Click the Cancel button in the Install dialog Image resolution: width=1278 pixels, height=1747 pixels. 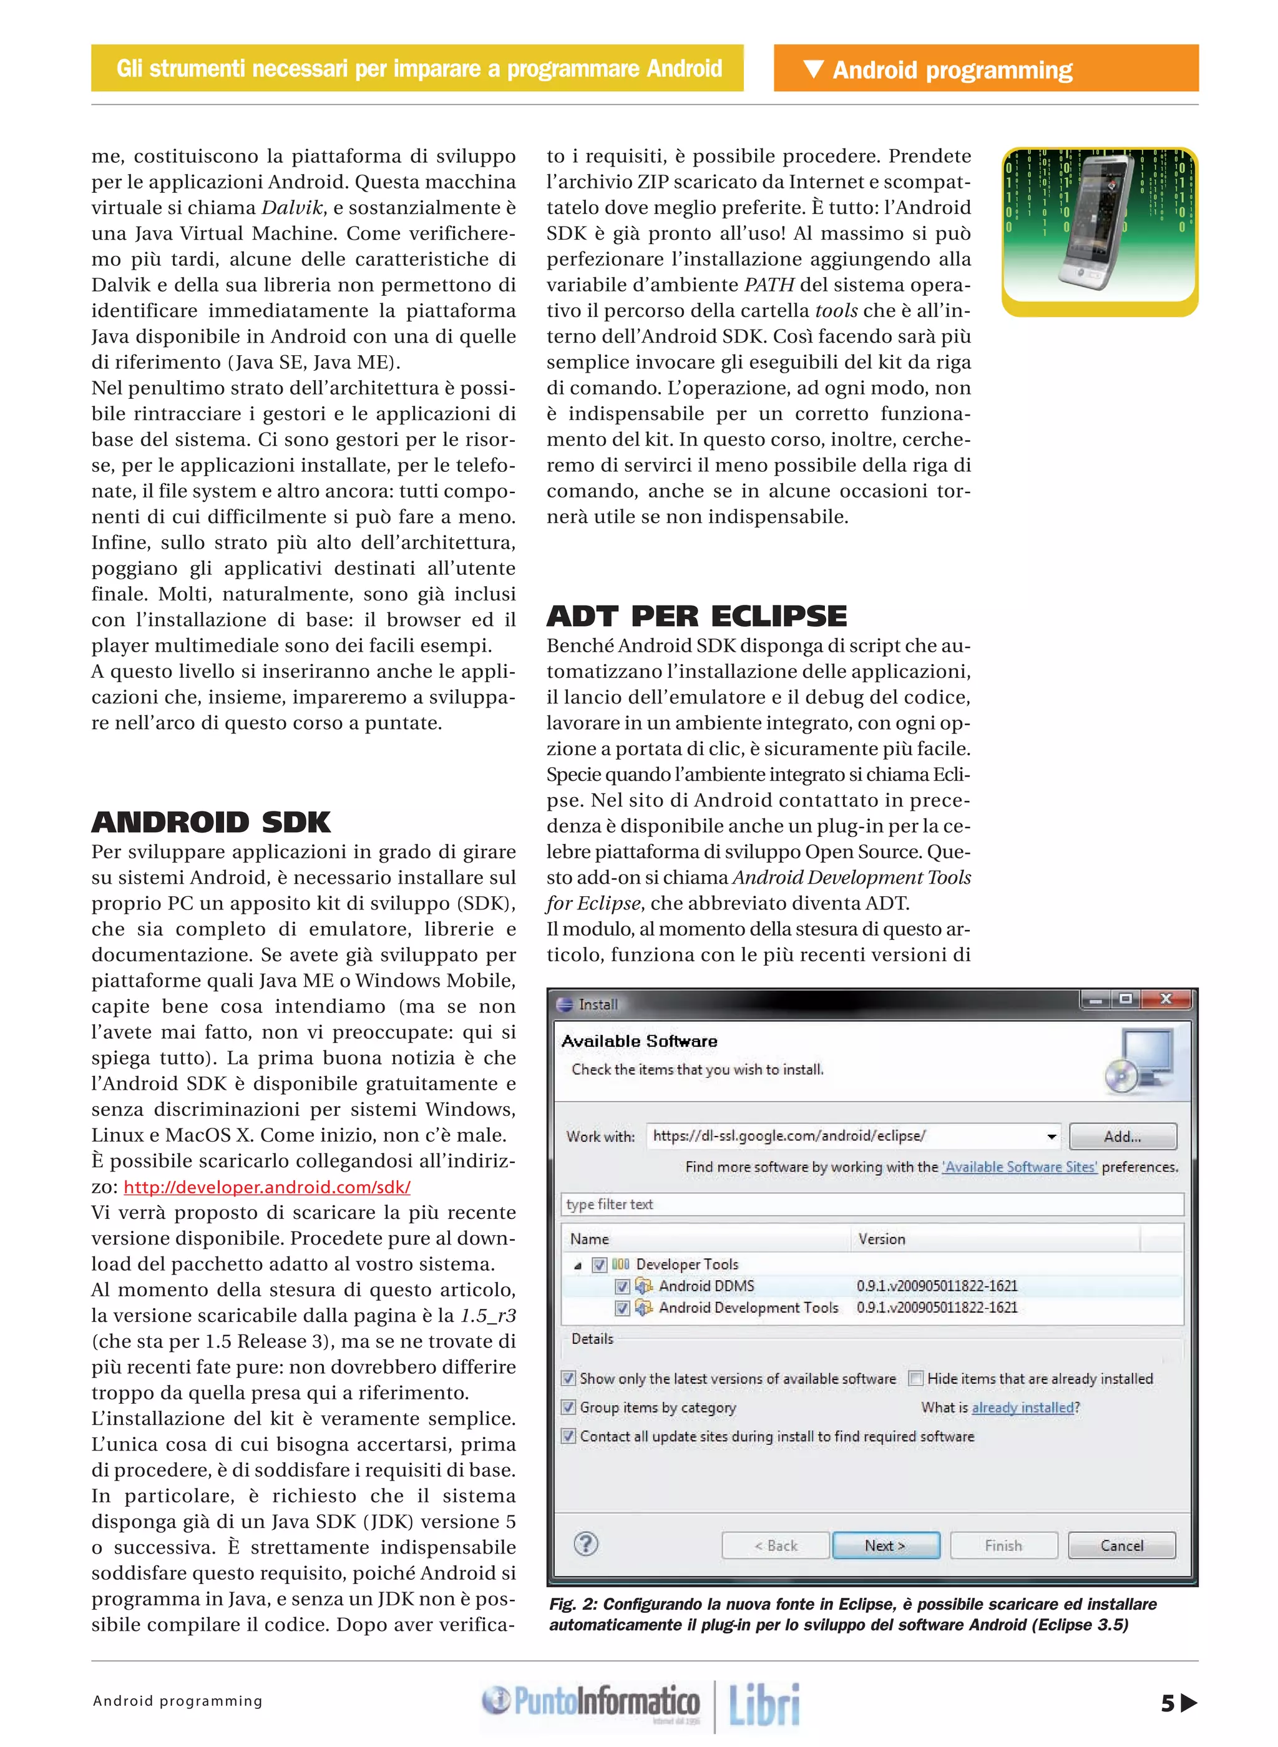(x=1121, y=1545)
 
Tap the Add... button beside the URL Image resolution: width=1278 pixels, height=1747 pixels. (x=1122, y=1136)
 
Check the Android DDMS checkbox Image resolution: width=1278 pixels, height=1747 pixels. (x=622, y=1286)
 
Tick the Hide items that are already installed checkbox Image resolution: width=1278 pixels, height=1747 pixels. (x=916, y=1378)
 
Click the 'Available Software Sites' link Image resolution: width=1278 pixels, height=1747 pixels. (x=1019, y=1167)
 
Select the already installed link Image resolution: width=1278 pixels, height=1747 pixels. (x=1022, y=1407)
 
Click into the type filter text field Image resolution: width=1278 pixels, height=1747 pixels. (x=871, y=1204)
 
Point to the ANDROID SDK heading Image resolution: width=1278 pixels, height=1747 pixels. (x=210, y=821)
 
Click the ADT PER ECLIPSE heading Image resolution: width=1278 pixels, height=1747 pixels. (x=696, y=616)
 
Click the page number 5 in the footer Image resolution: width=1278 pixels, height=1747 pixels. (x=1168, y=1703)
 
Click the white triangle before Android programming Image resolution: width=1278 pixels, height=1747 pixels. (x=813, y=69)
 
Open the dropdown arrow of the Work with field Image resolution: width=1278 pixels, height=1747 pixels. (x=1051, y=1137)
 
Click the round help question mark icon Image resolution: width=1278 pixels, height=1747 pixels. (x=585, y=1544)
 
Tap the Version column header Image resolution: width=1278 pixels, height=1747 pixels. (x=882, y=1239)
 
